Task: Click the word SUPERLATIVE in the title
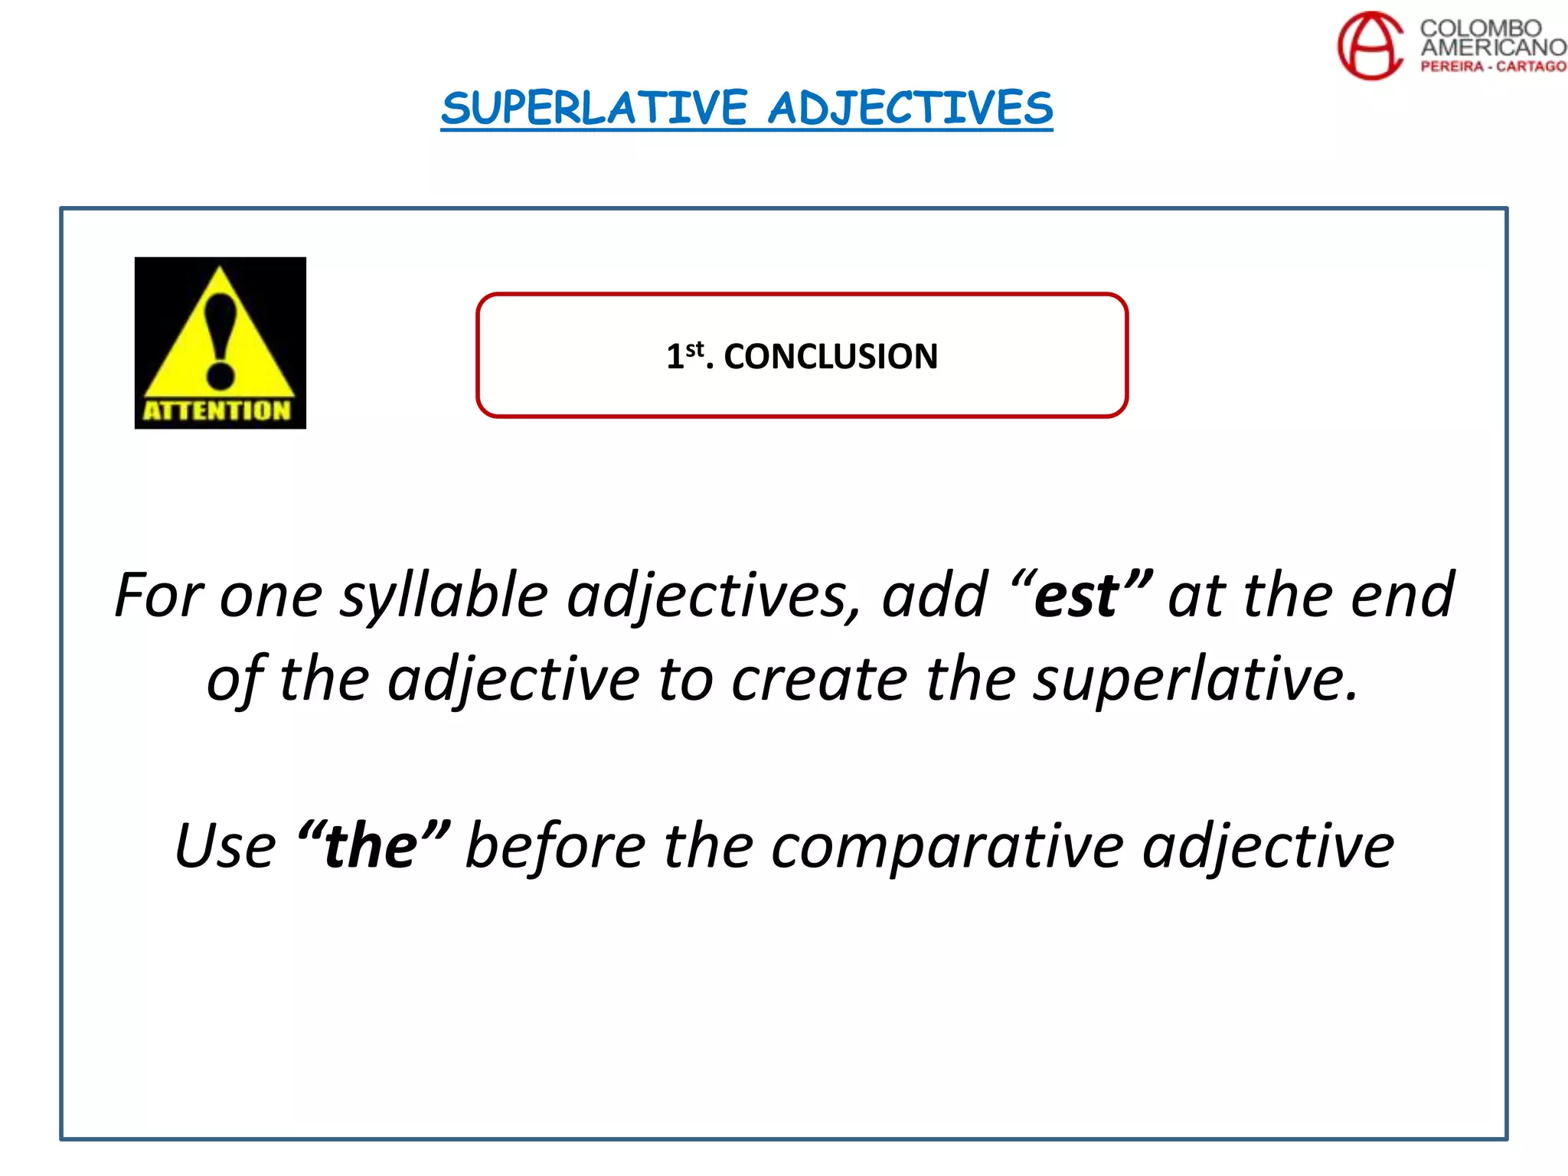pos(594,108)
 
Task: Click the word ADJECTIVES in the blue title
pos(910,108)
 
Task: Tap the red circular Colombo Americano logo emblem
pos(1370,45)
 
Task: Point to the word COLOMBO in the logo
pos(1481,28)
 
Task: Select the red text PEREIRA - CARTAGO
pos(1493,67)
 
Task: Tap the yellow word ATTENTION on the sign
pos(217,410)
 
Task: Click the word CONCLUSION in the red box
pos(831,357)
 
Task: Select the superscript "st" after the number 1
pos(694,349)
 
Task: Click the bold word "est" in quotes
pos(1077,596)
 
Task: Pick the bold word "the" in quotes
pos(371,847)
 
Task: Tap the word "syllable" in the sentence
pos(444,596)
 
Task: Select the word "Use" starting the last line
pos(225,847)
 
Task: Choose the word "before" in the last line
pos(555,847)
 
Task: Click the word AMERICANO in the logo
pos(1493,47)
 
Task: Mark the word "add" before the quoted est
pos(935,596)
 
